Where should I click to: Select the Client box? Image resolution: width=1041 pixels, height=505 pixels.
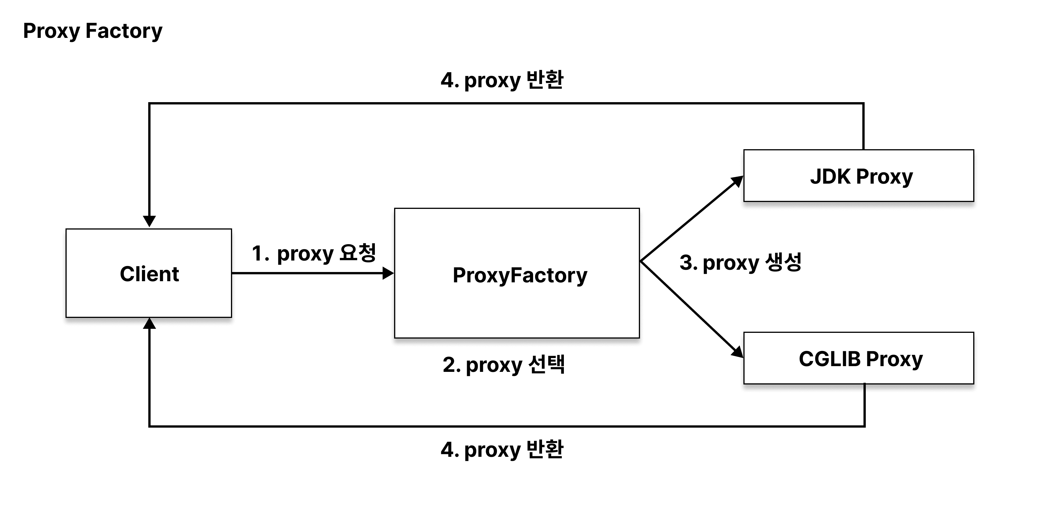coord(149,273)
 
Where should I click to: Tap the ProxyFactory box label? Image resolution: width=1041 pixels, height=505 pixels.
coord(520,275)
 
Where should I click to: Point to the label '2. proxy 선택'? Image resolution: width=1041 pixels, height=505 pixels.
coord(503,364)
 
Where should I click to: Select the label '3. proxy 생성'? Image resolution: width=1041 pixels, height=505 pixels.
coord(740,262)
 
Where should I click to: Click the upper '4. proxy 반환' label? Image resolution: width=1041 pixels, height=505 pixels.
coord(502,80)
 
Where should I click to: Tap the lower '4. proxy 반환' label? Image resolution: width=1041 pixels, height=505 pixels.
coord(502,449)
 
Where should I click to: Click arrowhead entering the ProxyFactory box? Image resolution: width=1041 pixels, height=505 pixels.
coord(388,273)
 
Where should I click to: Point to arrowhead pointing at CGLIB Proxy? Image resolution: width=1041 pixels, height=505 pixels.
coord(737,352)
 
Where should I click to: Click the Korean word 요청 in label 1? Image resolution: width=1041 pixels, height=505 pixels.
coord(358,253)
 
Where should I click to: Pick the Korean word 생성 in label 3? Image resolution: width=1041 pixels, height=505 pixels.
coord(783,262)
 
